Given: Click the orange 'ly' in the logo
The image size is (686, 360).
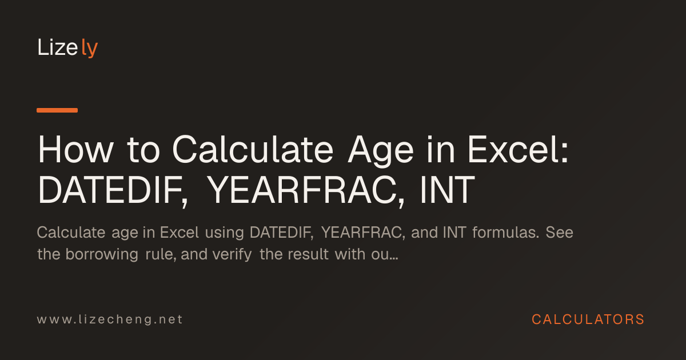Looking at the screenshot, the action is coord(89,48).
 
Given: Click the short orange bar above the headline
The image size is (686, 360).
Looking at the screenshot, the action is coord(57,110).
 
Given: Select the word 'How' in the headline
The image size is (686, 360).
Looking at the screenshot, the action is coord(75,150).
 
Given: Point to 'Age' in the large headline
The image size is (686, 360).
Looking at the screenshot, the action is coord(381,151).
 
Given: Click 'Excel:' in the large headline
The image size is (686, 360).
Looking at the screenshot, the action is coord(518,149).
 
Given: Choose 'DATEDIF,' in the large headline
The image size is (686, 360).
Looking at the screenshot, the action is coord(113,190).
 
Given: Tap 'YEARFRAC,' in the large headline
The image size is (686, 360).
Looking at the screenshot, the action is coord(306,190).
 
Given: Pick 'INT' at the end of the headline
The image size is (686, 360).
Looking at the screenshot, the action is coord(448,190).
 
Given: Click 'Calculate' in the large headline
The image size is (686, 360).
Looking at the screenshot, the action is coord(253,149).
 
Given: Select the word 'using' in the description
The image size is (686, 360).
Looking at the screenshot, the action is coord(225,233).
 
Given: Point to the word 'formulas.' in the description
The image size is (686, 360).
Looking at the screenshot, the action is coord(505,232).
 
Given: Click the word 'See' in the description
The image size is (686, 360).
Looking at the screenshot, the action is coord(559,233).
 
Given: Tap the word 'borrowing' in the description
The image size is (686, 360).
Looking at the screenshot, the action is coord(102,255).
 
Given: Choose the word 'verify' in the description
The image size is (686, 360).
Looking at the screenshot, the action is coord(232,255).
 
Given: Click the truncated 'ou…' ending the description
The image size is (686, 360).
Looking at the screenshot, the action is coord(385,255).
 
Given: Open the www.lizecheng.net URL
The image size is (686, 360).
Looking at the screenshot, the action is coord(110,319).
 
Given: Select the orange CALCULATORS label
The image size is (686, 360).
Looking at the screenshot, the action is coord(588,319).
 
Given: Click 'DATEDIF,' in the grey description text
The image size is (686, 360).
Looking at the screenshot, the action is coord(282,233).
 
